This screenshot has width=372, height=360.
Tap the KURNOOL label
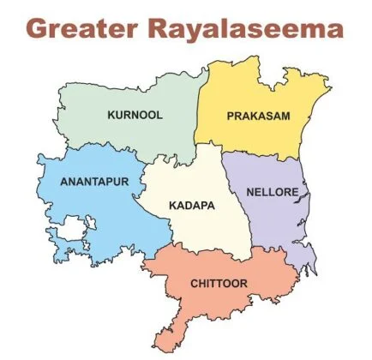134,114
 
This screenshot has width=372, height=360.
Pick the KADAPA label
192,206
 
